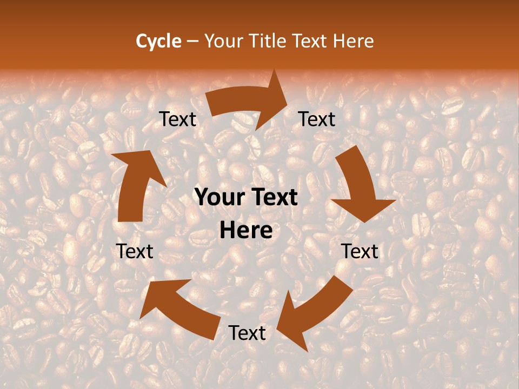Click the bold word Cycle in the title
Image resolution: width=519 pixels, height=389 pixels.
click(x=158, y=41)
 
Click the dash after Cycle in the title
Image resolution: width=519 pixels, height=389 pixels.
click(x=192, y=41)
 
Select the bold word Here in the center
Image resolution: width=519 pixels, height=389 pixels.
click(x=247, y=231)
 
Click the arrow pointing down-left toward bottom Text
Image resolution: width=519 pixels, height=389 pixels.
click(x=314, y=313)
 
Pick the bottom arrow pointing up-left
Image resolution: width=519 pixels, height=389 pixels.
click(x=178, y=308)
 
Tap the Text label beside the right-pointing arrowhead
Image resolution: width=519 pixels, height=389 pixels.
click(x=317, y=119)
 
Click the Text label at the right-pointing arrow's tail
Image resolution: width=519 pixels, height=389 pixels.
click(x=177, y=119)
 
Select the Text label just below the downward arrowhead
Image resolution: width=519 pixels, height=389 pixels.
click(x=360, y=251)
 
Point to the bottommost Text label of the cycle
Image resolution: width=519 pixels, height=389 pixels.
click(x=247, y=333)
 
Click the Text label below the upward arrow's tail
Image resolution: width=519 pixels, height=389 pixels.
click(x=135, y=251)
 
